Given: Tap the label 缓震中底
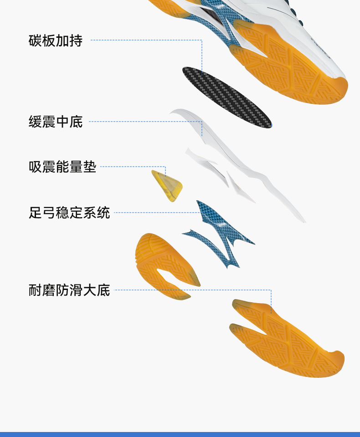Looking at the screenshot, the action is (56, 122).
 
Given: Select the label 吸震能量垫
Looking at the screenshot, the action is (62, 167).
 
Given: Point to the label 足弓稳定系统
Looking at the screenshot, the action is (69, 213).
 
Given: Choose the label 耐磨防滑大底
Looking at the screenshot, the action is (69, 290).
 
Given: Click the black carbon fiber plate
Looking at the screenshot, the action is (226, 97).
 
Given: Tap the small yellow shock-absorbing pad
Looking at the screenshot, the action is (167, 186).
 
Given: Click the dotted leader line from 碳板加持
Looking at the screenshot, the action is (146, 40).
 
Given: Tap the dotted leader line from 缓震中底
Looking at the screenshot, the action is (146, 122).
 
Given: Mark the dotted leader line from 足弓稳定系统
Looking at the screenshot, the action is (155, 213).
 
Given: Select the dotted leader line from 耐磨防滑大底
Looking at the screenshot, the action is (191, 290).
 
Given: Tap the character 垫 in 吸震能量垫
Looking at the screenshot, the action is (90, 167).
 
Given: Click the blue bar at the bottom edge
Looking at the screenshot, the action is (180, 434).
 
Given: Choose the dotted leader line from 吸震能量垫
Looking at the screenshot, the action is (132, 167).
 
